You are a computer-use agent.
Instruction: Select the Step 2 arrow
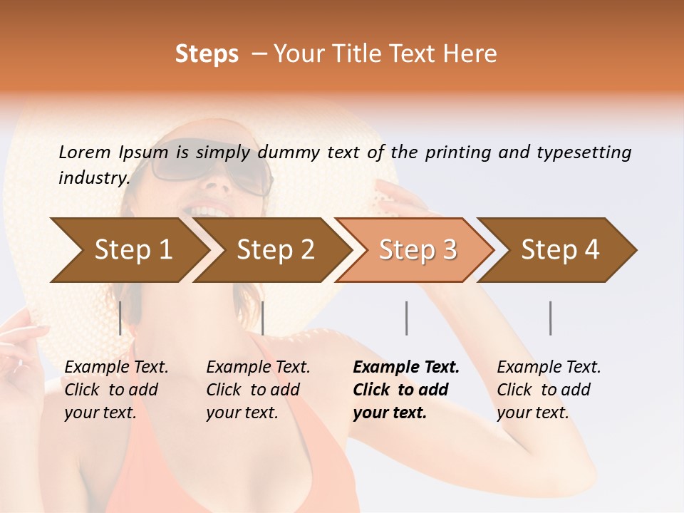click(274, 250)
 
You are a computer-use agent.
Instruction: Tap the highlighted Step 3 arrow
click(417, 250)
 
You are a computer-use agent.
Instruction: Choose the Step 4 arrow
click(559, 250)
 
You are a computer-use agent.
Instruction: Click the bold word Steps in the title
click(207, 54)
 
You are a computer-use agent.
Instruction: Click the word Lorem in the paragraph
click(84, 152)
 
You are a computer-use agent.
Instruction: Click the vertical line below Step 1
click(120, 318)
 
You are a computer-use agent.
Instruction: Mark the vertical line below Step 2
click(263, 318)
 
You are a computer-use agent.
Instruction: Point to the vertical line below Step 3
click(406, 318)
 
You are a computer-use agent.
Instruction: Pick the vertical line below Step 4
click(551, 318)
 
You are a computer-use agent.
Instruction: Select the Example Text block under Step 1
click(116, 390)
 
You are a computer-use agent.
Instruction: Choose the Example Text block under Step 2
click(258, 390)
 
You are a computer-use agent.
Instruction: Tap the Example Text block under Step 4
click(549, 390)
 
